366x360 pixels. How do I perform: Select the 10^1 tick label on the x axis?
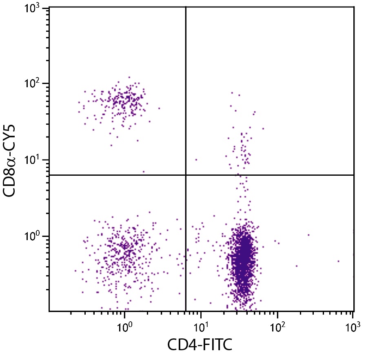click(200, 327)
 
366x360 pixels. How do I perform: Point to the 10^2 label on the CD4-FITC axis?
click(277, 327)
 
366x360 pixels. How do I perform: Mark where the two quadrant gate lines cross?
click(186, 175)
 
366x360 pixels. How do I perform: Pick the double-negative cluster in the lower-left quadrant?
click(124, 253)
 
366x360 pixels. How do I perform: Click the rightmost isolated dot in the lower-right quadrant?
click(339, 261)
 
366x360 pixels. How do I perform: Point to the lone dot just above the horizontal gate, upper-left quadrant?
click(143, 172)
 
